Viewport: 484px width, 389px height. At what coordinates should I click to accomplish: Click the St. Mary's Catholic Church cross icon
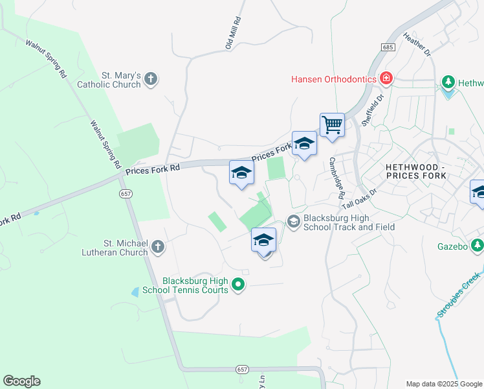point(151,80)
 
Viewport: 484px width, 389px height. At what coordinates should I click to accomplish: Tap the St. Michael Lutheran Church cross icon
point(158,246)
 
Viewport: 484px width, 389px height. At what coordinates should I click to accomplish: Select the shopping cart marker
point(332,124)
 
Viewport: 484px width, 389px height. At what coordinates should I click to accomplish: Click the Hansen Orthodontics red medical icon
point(386,78)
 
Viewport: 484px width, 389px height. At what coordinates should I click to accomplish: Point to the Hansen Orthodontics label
point(334,79)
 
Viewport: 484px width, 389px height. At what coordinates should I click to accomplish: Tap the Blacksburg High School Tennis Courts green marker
point(238,284)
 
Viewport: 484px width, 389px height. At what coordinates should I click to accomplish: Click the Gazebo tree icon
point(478,244)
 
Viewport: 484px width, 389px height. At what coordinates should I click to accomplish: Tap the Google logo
point(21,381)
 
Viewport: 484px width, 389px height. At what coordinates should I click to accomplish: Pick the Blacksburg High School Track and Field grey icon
point(293,222)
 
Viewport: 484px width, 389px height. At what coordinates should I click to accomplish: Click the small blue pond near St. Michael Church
point(135,292)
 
